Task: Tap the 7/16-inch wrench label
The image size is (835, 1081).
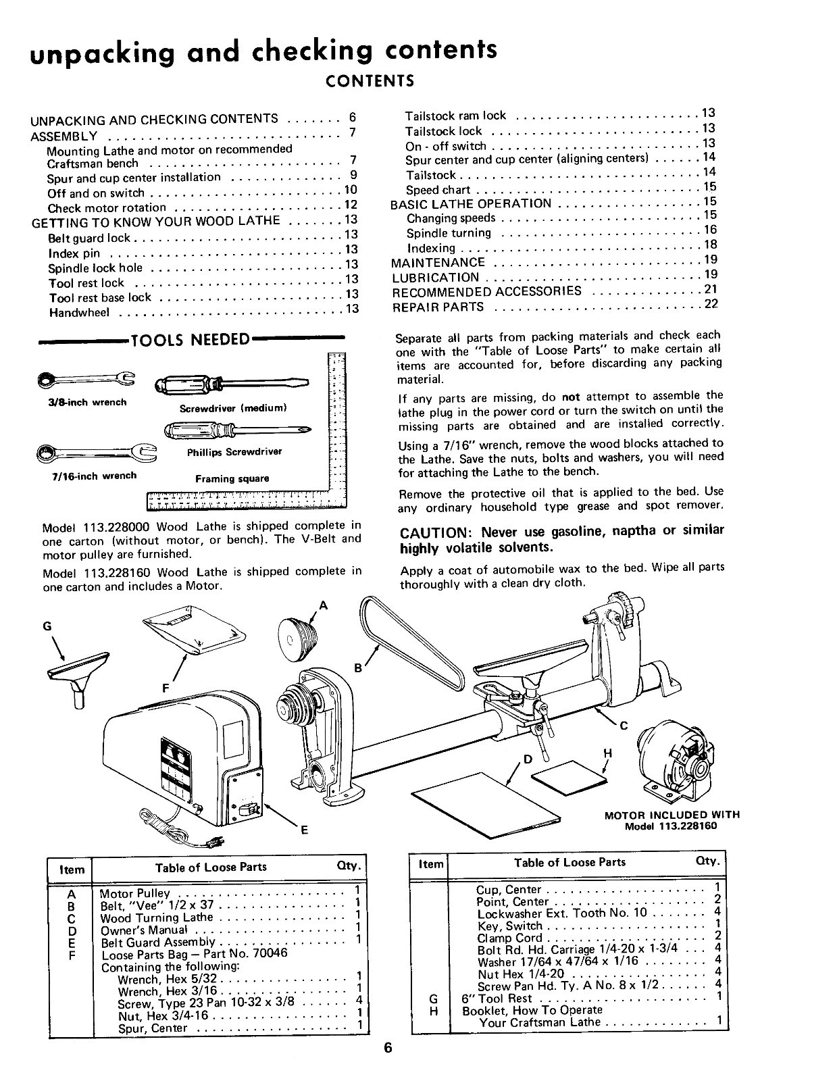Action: click(x=95, y=476)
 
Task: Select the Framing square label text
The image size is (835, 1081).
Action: click(x=232, y=479)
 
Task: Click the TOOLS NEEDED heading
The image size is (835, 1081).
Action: click(x=191, y=339)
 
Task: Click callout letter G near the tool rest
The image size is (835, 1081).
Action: click(x=47, y=626)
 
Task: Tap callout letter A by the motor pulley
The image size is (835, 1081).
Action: click(x=323, y=606)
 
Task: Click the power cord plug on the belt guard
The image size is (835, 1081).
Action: click(x=214, y=841)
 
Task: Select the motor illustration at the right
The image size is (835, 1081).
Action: click(x=676, y=760)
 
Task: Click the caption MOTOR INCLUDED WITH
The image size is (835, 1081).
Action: click(x=672, y=815)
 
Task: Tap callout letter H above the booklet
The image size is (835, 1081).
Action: click(x=607, y=753)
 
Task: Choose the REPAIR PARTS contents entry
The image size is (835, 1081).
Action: click(x=438, y=307)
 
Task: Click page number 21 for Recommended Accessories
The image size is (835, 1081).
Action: click(x=709, y=289)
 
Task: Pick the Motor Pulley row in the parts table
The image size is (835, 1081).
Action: click(x=135, y=893)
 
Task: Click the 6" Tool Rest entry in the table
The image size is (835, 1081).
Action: click(x=497, y=998)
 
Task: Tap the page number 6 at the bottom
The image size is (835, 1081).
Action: click(x=388, y=1049)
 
